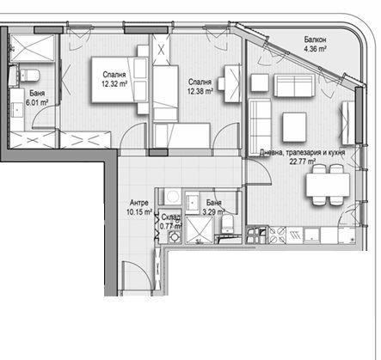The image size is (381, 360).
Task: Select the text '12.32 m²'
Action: click(114, 83)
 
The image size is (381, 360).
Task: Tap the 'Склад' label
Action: click(170, 217)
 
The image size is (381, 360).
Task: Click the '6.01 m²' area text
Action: click(34, 101)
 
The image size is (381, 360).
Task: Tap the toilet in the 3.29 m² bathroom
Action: click(227, 224)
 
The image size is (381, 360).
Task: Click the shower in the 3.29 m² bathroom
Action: click(199, 229)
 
